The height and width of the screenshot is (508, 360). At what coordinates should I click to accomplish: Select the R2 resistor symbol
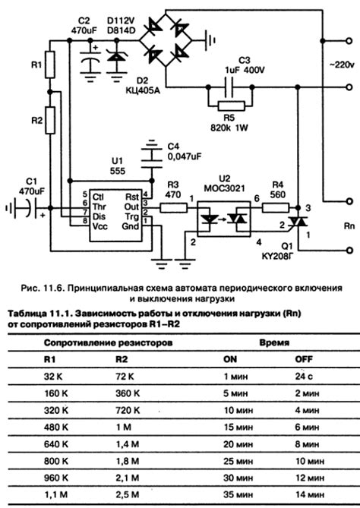pos(50,120)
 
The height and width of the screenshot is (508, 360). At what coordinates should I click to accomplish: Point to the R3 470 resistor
pos(172,207)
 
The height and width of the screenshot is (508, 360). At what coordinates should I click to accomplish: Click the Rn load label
pos(343,226)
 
